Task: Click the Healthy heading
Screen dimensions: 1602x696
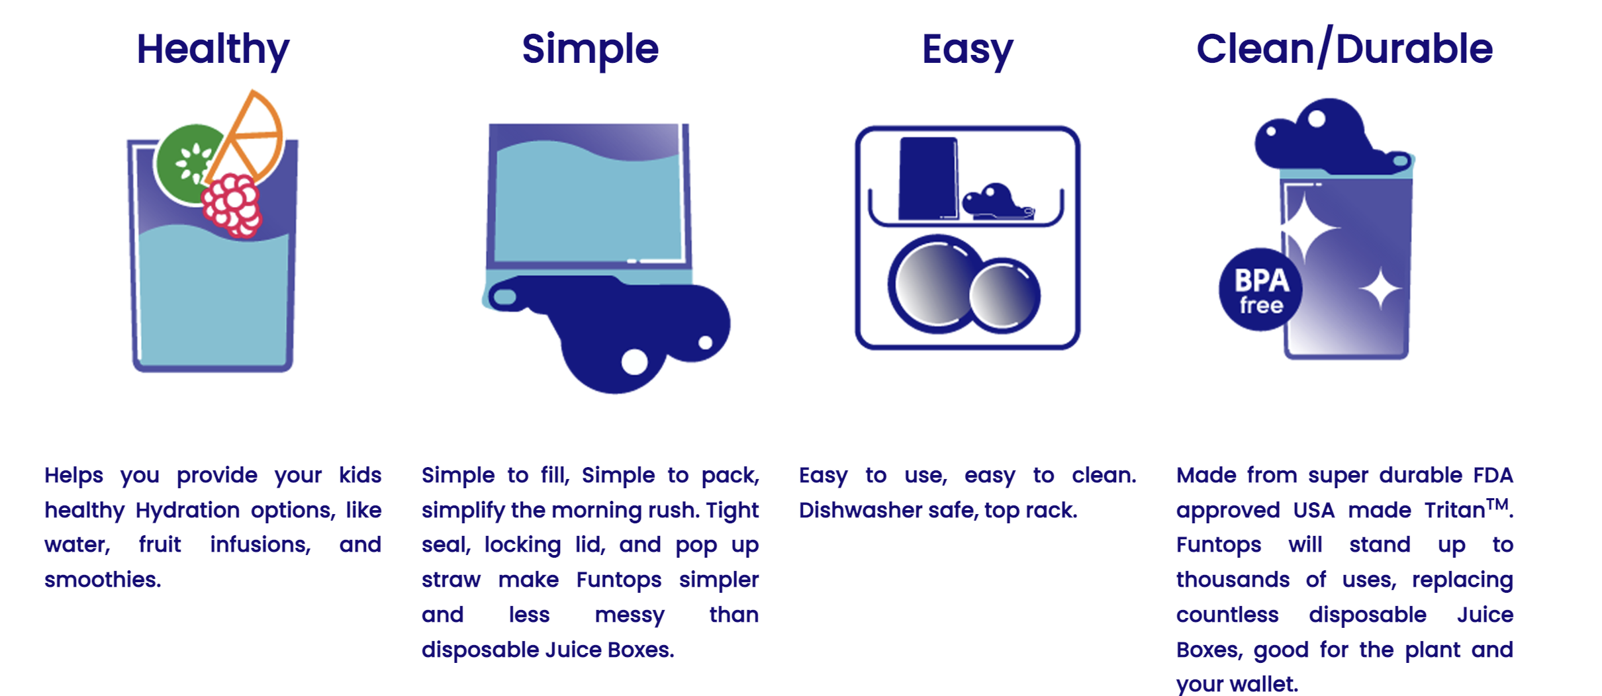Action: click(212, 50)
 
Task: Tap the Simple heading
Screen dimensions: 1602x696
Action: click(590, 50)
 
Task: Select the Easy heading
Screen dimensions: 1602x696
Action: click(967, 50)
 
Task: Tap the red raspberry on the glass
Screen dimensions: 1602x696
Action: click(232, 205)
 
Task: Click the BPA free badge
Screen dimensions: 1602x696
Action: click(1260, 289)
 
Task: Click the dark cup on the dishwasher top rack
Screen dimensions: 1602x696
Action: click(928, 179)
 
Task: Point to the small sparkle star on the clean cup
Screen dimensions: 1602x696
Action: click(1380, 288)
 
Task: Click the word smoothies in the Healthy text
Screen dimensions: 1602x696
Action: click(103, 580)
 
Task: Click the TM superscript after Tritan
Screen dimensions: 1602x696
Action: click(1498, 505)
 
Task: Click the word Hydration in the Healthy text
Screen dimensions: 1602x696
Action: click(187, 511)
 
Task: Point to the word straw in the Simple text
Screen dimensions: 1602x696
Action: click(451, 580)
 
